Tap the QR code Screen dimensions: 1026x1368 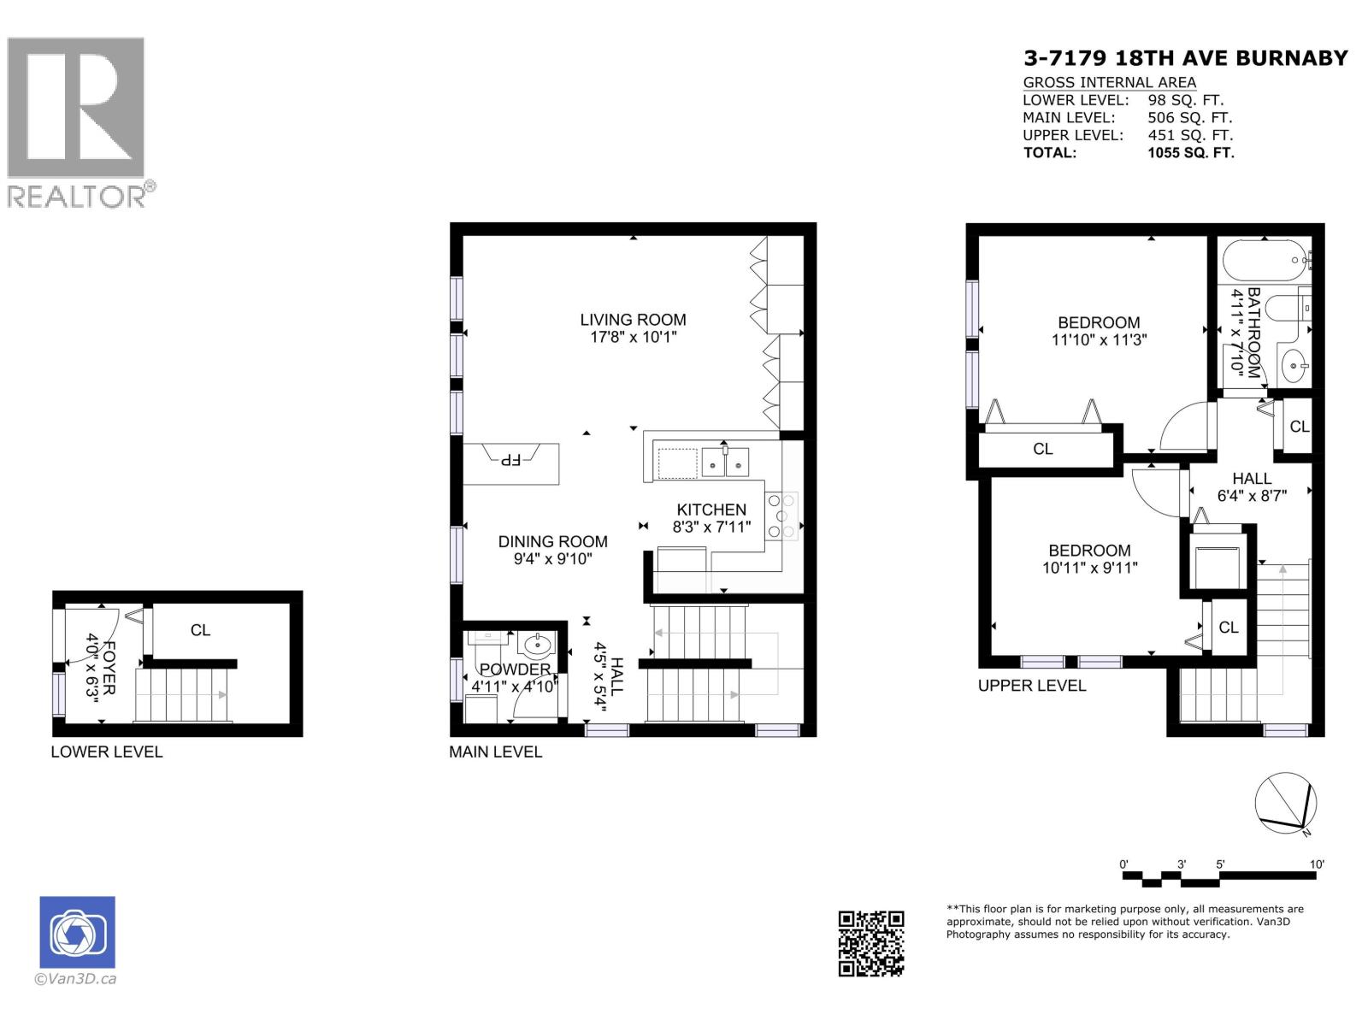coord(870,943)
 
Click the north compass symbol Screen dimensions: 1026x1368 coord(1285,803)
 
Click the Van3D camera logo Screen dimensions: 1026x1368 coord(77,932)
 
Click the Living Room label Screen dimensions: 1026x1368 coord(633,320)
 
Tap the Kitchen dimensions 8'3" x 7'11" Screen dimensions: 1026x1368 coord(711,528)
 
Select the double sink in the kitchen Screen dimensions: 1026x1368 coord(725,462)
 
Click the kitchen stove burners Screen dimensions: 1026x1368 coord(781,516)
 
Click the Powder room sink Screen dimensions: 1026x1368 coord(536,644)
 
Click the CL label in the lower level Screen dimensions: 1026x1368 coord(200,630)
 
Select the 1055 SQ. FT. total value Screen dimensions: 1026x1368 coord(1190,153)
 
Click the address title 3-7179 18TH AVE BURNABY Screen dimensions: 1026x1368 coord(1185,58)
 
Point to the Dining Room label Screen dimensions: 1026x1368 coord(552,541)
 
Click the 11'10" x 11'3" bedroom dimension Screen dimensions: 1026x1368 coord(1099,339)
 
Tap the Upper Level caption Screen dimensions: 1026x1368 coord(1031,686)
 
